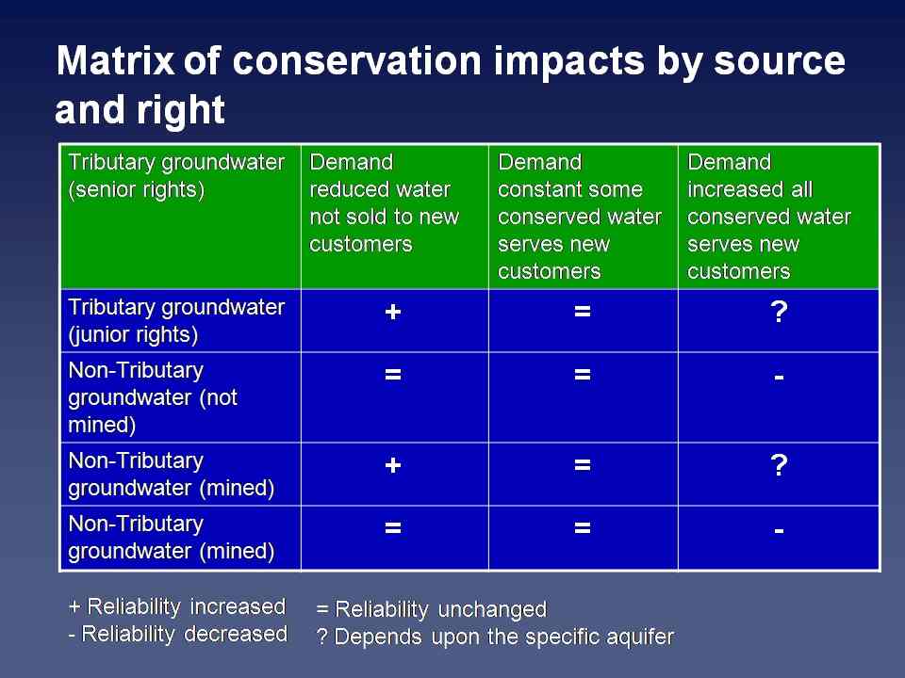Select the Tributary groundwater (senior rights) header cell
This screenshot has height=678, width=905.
176,176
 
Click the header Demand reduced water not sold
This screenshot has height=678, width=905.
385,203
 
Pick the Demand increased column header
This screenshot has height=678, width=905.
769,217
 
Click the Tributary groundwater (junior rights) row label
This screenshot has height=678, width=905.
176,321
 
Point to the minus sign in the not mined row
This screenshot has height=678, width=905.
779,376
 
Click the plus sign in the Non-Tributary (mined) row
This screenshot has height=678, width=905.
393,467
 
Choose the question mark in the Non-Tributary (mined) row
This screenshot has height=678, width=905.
779,467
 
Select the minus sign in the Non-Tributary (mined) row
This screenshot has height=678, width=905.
779,530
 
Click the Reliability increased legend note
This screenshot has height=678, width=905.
177,605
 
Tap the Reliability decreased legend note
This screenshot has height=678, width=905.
177,634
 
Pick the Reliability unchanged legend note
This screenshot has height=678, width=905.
431,609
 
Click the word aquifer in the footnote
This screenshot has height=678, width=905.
640,637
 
